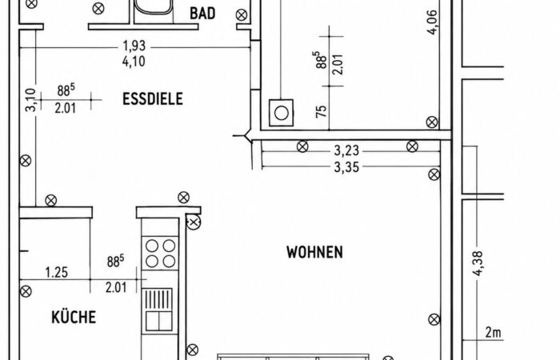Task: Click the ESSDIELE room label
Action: pos(153,99)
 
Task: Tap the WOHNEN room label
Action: pos(314,252)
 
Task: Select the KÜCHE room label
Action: pos(74,317)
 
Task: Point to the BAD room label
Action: pos(202,14)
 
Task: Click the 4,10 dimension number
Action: pos(134,62)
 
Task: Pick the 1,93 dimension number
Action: pos(134,46)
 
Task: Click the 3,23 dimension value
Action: pos(346,150)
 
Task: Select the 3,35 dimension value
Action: pos(346,166)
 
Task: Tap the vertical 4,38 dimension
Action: pos(478,263)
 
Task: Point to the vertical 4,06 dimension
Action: pos(432,22)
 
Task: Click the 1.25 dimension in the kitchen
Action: pos(57,273)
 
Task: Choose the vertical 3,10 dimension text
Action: pos(31,100)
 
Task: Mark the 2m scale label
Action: pos(494,333)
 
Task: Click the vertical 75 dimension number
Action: pos(322,111)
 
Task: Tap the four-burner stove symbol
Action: pos(160,254)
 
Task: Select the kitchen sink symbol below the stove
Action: pos(159,310)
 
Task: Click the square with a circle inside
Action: pos(281,113)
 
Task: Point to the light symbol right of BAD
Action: pos(242,15)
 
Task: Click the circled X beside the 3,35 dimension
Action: pos(434,174)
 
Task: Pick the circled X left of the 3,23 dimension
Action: pos(302,146)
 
